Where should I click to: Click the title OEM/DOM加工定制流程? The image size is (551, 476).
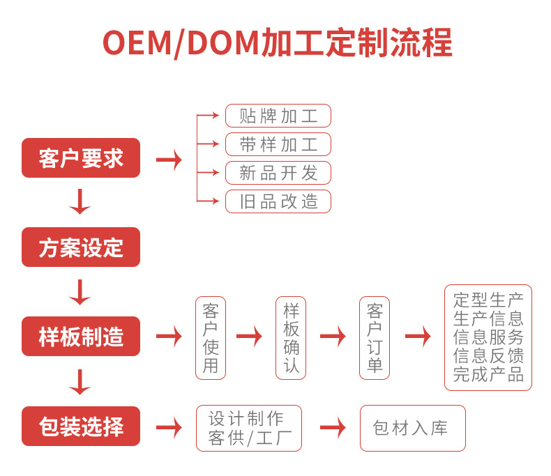(x=277, y=43)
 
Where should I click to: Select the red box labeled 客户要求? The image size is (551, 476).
(x=81, y=158)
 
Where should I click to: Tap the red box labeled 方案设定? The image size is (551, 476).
(x=81, y=247)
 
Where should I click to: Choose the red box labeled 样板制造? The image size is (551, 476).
(x=81, y=337)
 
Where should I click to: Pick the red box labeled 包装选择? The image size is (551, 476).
(x=81, y=426)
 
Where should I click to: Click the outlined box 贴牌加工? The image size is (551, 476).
(x=278, y=116)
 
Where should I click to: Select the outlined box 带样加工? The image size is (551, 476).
(x=278, y=144)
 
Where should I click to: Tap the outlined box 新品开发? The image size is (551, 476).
(x=278, y=173)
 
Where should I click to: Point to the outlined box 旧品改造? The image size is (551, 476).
(x=278, y=201)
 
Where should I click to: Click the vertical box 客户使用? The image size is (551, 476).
(x=211, y=337)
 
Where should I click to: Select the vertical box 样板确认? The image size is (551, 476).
(x=291, y=337)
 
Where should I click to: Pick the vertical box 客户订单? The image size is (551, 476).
(x=375, y=337)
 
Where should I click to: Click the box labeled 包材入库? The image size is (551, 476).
(x=412, y=428)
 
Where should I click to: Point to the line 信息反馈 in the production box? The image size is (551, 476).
(x=488, y=356)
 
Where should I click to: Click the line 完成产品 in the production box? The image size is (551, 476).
(x=488, y=374)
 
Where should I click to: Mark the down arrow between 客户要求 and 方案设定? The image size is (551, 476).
(x=80, y=202)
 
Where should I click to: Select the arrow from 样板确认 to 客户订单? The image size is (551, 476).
(x=333, y=337)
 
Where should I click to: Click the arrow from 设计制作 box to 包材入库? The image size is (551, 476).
(x=333, y=428)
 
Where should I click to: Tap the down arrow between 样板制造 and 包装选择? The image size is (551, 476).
(x=80, y=382)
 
